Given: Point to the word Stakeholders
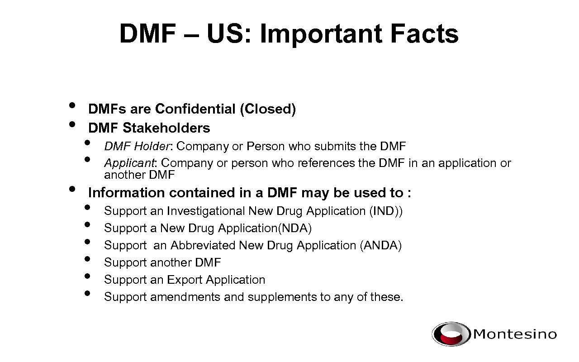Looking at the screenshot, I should [166, 128].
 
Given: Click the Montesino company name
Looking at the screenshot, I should [515, 334].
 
